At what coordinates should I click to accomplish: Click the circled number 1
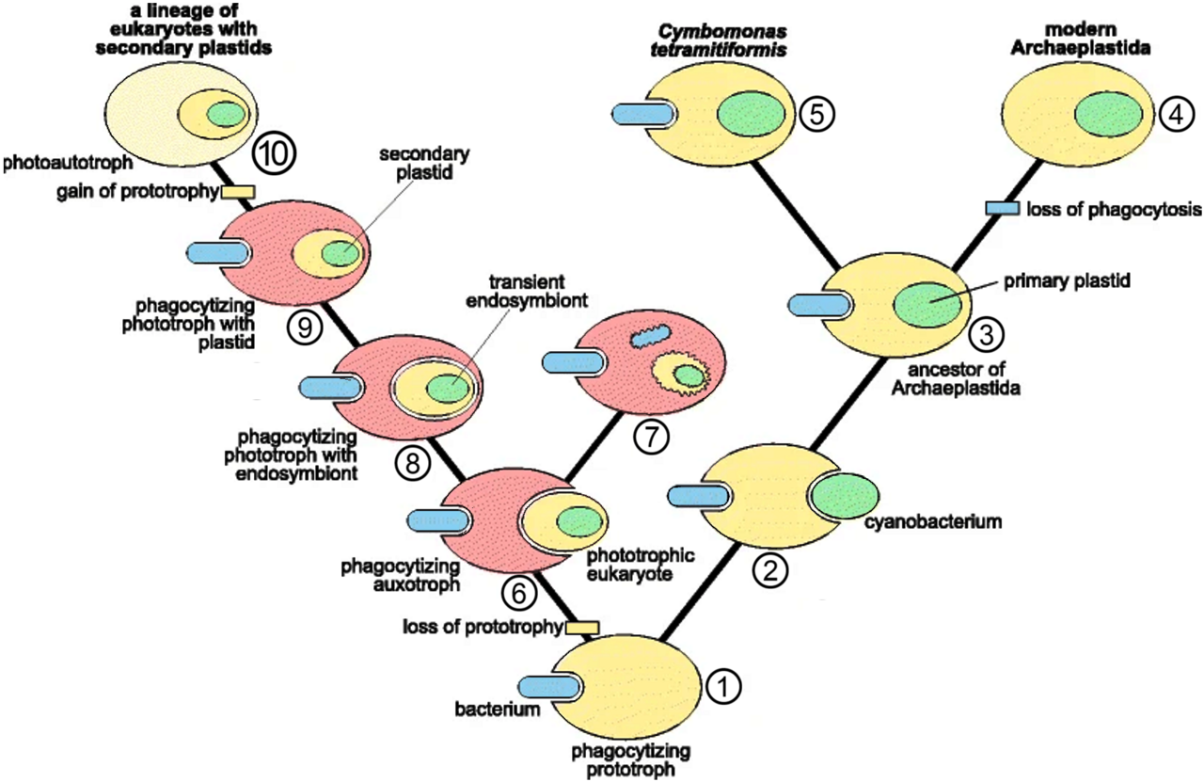point(723,686)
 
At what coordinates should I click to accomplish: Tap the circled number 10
point(274,154)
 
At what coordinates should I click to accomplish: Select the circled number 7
point(651,438)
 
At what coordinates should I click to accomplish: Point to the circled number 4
point(1177,115)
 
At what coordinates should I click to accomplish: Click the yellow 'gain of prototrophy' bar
point(238,192)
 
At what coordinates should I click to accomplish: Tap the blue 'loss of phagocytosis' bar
point(1003,208)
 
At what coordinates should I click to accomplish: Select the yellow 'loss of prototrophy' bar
point(581,627)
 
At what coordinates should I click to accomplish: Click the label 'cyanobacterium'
point(933,521)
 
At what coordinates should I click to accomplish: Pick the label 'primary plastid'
point(1067,280)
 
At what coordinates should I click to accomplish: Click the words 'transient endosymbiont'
point(527,291)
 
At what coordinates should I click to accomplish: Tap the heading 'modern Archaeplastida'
point(1081,39)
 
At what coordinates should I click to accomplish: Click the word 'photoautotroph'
point(68,163)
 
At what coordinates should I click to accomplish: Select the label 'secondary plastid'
point(424,164)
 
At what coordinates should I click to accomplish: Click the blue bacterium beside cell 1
point(549,687)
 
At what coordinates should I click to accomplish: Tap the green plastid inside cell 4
point(1108,115)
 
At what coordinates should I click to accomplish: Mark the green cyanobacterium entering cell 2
point(845,495)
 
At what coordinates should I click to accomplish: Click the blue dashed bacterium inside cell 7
point(650,336)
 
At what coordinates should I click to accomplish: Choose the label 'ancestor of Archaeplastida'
point(956,378)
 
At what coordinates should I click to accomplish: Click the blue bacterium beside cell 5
point(642,114)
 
